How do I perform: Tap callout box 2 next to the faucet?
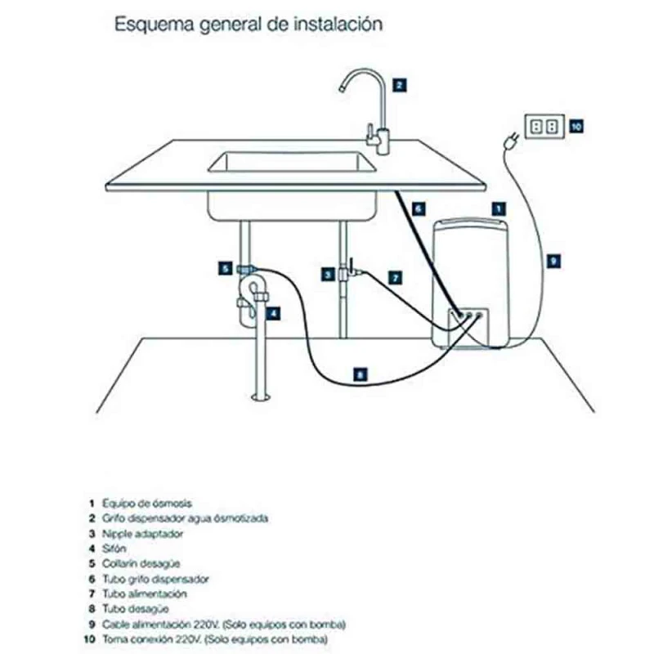pos(398,83)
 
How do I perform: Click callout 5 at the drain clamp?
pos(224,267)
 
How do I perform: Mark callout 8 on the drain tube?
pos(361,374)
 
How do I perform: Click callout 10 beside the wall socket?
pos(576,126)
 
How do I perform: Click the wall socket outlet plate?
pos(543,126)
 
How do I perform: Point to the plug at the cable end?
pos(509,144)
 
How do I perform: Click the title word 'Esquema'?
pos(146,24)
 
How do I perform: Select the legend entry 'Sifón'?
pos(115,549)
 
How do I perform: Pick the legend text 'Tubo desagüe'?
pos(136,608)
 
